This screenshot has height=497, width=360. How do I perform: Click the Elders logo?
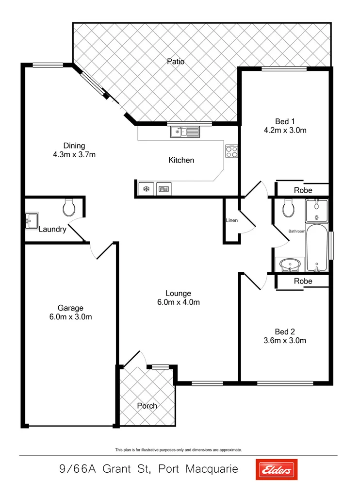pos(276,470)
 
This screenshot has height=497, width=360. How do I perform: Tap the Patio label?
pos(176,62)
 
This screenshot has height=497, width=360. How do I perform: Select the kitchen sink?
pos(185,132)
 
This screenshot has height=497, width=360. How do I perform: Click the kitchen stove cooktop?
pos(231,151)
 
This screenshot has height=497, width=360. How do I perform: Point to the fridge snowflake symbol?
pos(145,189)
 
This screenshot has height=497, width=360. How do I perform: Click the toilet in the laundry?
pos(69,209)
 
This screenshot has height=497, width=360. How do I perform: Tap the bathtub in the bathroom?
pos(317,248)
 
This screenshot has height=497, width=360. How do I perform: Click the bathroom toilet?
pos(288,209)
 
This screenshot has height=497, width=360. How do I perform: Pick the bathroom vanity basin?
pos(291,265)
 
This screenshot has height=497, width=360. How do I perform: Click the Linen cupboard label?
pos(231,220)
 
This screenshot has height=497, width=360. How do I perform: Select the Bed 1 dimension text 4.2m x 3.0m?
pos(285,130)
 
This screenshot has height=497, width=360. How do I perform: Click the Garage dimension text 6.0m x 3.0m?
pos(71,317)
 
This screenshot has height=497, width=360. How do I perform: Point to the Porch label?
pos(147,406)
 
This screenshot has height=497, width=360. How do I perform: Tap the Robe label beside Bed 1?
pos(303,190)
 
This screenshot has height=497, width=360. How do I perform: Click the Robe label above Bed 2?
pos(303,281)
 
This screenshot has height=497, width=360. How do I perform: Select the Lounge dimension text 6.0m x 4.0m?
pos(179,302)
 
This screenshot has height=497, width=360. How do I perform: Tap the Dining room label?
pos(74,146)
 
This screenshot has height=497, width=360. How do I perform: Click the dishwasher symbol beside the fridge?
pos(164,189)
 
